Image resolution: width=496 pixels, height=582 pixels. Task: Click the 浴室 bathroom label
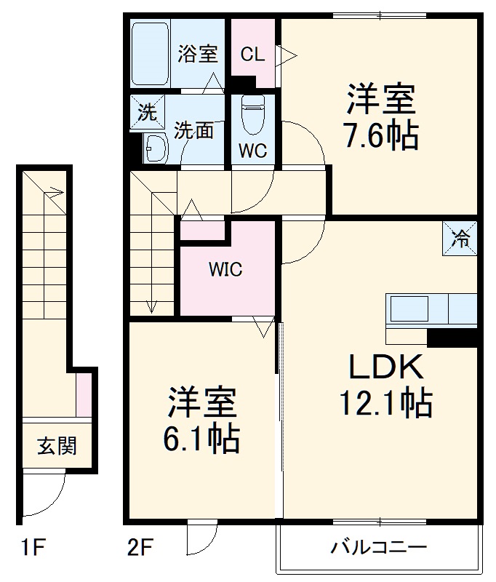tap(198, 54)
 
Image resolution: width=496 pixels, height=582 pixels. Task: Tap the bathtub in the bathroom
tap(151, 54)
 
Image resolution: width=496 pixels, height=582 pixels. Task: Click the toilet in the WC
tap(252, 116)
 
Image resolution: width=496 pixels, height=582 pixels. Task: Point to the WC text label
tap(252, 151)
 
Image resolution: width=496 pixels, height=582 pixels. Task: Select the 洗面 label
tap(194, 131)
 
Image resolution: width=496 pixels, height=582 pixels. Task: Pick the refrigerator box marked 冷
tap(460, 238)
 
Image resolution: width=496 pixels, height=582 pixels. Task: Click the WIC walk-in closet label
tap(225, 269)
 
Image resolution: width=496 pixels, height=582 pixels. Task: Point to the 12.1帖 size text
tap(385, 402)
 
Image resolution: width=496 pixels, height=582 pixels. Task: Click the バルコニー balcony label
tap(378, 547)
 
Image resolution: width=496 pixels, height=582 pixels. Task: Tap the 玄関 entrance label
tap(57, 445)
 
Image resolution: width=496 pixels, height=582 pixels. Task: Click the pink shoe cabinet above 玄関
tap(84, 394)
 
